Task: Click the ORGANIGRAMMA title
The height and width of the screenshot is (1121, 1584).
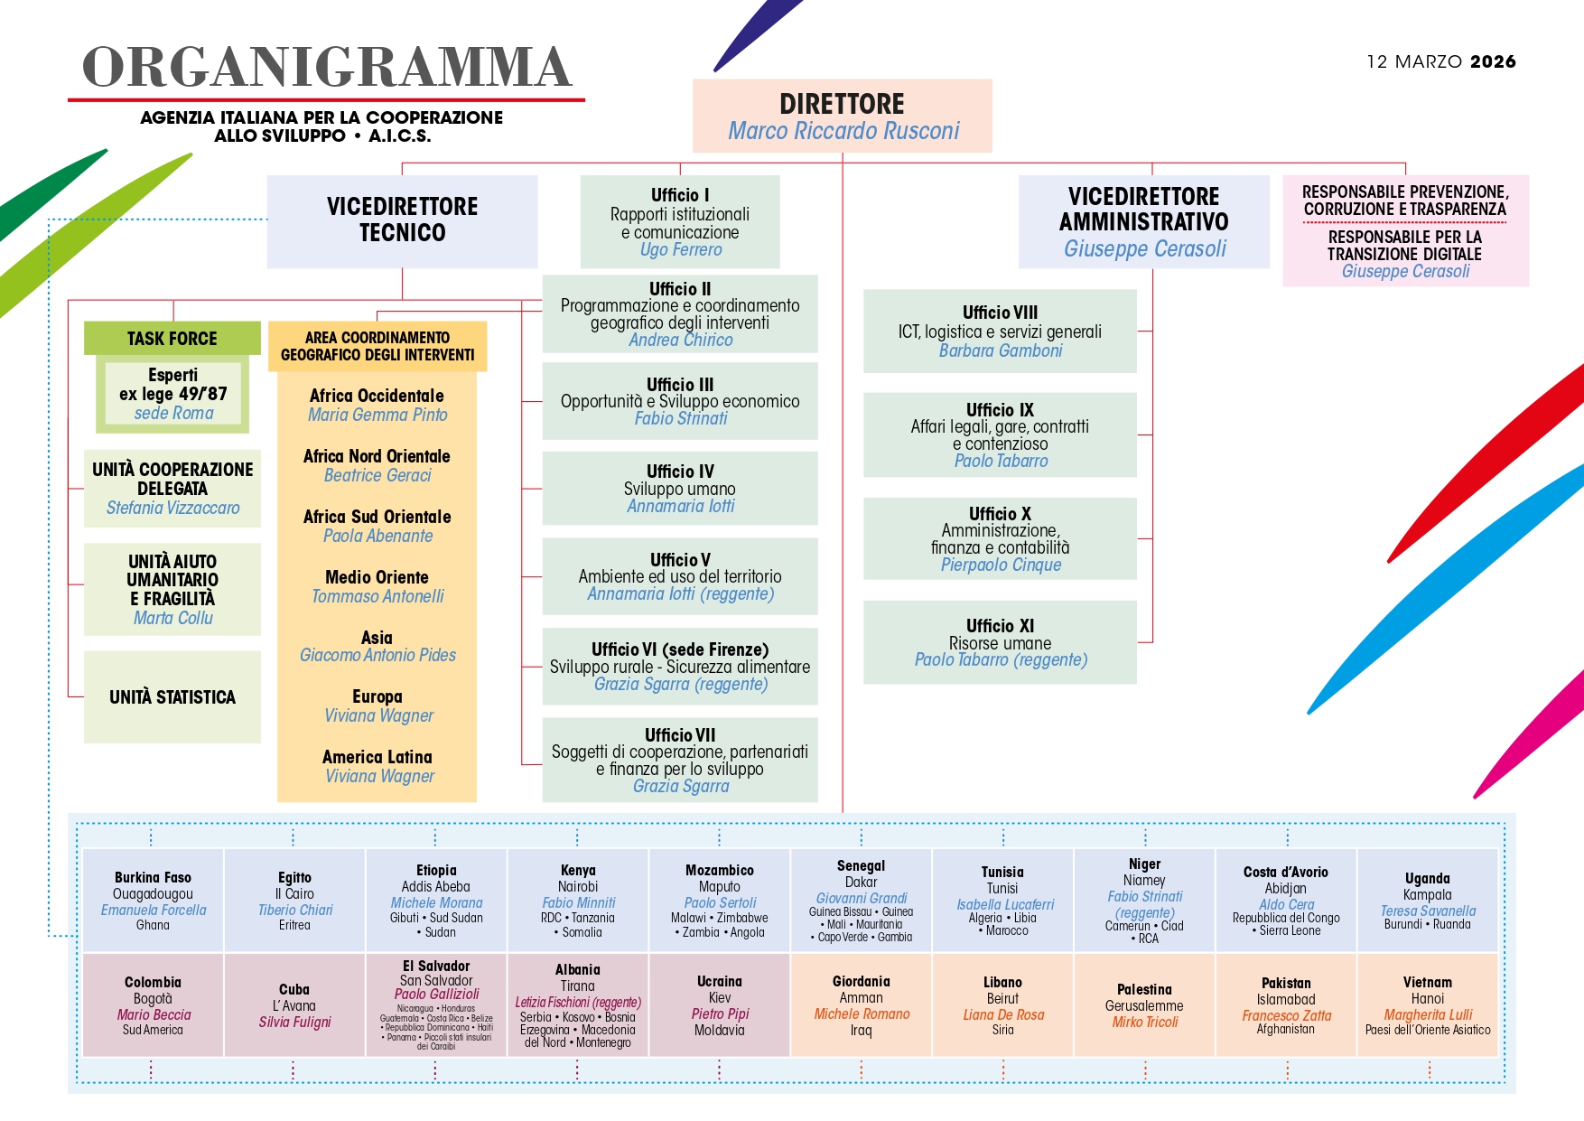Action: (x=327, y=67)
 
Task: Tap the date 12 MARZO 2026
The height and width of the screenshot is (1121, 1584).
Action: (x=1440, y=61)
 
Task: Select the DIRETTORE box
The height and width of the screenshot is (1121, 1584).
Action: (x=842, y=116)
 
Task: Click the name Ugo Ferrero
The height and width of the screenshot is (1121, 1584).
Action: (x=681, y=250)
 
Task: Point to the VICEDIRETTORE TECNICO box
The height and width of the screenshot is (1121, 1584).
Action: (x=402, y=220)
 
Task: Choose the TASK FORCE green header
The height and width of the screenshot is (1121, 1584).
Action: (x=172, y=339)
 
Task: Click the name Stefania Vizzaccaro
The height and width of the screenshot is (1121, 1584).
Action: (x=172, y=508)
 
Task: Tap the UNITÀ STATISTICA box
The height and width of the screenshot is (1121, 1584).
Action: (x=172, y=696)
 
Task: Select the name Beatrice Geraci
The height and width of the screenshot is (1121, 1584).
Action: (x=377, y=475)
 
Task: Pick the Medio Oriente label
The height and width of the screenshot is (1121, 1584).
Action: (x=377, y=577)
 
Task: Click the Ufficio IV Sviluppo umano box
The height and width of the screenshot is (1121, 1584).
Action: (x=680, y=488)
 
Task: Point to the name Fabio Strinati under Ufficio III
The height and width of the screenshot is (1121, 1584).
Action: (x=681, y=418)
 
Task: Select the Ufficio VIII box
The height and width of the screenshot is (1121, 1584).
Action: (x=1000, y=331)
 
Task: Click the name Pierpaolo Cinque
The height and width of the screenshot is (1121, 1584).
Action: (x=1001, y=565)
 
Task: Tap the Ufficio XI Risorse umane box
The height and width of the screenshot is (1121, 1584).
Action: (x=1000, y=642)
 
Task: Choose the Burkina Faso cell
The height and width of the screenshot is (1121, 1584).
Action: (x=153, y=900)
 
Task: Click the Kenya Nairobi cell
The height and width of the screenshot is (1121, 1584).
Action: (x=578, y=900)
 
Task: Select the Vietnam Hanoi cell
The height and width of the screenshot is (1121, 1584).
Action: (x=1427, y=1004)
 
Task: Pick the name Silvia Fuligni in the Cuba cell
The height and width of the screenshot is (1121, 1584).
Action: (x=294, y=1022)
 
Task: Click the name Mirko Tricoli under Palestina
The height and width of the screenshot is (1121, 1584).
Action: (x=1144, y=1022)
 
